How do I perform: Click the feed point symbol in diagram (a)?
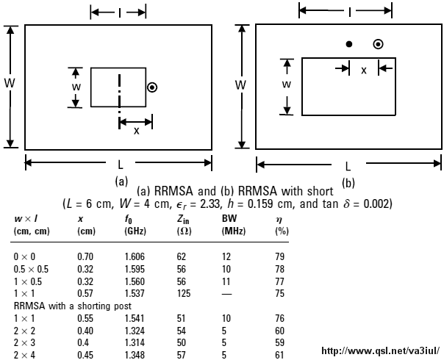tap(152, 87)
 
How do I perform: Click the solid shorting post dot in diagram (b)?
tap(349, 44)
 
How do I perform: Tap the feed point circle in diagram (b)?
tap(379, 44)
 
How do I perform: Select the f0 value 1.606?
tap(135, 256)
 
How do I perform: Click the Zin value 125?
tap(184, 293)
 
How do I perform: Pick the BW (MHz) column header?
tap(233, 225)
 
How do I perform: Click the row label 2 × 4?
tap(24, 355)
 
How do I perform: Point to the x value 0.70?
tap(85, 256)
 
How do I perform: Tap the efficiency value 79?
tap(279, 256)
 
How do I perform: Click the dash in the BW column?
tap(226, 294)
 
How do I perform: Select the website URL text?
tap(381, 351)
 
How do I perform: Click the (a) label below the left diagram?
tap(121, 181)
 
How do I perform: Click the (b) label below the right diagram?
tap(348, 183)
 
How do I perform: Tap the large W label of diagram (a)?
tap(10, 83)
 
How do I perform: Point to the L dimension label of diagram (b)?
tap(348, 167)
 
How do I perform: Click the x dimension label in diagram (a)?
tap(137, 131)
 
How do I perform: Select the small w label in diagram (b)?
tap(287, 84)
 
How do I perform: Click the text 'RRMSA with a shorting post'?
tap(73, 306)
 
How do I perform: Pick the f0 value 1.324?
tap(135, 331)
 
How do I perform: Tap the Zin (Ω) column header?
tap(184, 225)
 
